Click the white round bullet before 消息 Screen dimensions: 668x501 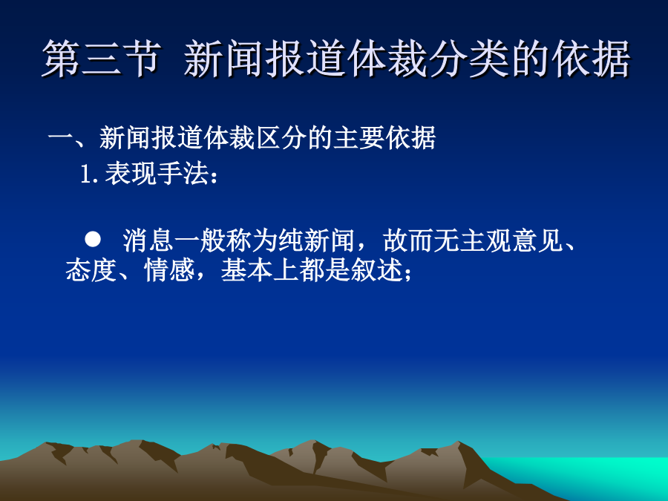pos(93,240)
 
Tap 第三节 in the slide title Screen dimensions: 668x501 pos(102,59)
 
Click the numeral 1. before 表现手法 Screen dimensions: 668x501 pos(90,174)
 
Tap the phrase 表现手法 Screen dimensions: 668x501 pos(157,174)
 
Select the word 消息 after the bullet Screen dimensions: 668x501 pos(148,240)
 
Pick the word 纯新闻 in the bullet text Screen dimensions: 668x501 pos(316,240)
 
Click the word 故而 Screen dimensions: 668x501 pos(408,240)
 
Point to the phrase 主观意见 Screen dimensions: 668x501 pos(511,240)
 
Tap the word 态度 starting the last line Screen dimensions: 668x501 pos(91,269)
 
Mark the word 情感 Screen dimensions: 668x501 pos(169,269)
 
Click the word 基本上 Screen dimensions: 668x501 pos(260,269)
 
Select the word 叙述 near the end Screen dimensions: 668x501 pos(376,269)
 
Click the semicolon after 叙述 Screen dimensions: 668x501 pos(407,273)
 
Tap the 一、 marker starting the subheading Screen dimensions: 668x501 pos(73,139)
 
